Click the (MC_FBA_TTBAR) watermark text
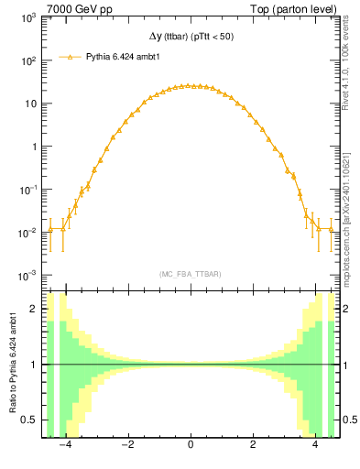190,274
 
